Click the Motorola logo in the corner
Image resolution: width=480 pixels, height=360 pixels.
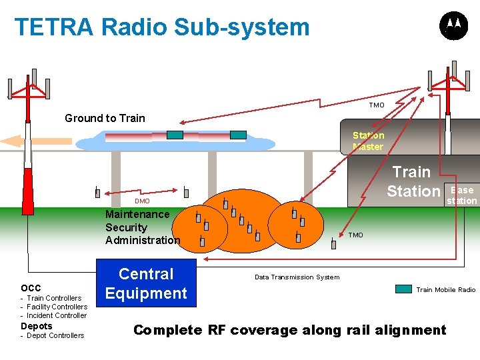(x=453, y=26)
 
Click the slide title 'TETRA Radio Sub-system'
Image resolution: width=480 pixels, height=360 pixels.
(x=162, y=27)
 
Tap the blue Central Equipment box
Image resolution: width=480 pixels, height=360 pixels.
(x=147, y=283)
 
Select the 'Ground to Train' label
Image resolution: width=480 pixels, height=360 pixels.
(x=105, y=119)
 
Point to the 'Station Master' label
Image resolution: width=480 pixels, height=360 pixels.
(x=368, y=141)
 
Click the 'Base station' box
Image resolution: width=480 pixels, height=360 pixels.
(x=462, y=195)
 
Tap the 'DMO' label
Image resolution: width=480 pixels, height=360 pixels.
(x=142, y=201)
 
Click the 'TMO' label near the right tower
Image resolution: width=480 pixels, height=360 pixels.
(x=377, y=105)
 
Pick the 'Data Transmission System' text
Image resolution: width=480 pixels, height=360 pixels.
(x=297, y=277)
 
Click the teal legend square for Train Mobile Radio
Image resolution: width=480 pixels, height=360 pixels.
(x=403, y=289)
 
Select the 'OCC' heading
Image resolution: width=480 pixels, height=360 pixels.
(x=31, y=288)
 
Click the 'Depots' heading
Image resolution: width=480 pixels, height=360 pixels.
(x=36, y=326)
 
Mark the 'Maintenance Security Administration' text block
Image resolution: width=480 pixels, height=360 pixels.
(x=142, y=227)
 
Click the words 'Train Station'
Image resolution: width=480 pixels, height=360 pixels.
(x=413, y=181)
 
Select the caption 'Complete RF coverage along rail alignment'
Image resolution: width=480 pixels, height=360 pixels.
(x=290, y=330)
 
